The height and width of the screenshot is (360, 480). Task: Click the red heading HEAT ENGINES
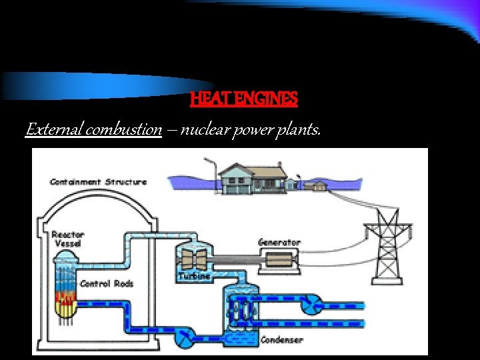244,99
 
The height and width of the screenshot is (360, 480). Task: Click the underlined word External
54,129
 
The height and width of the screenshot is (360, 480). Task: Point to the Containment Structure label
98,182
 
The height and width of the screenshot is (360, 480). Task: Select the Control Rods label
107,283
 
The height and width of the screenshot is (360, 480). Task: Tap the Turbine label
194,275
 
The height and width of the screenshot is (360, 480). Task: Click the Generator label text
279,242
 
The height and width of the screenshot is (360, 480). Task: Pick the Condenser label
281,340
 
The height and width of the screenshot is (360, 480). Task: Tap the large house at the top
250,179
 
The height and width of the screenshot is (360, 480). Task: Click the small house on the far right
319,185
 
